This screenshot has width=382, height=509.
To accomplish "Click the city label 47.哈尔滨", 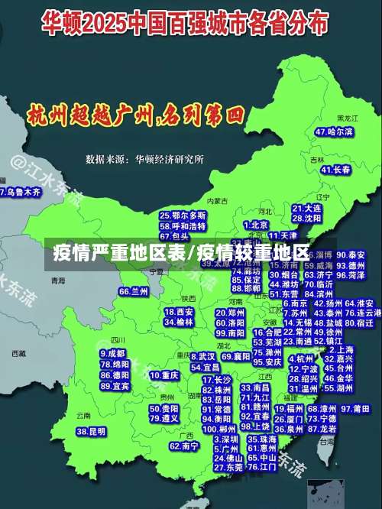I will coord(334,131).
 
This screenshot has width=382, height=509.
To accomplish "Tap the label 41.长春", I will coord(335,170).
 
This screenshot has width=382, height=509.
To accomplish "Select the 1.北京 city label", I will coord(256,225).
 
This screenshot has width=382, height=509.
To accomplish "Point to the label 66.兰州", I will coord(134,291).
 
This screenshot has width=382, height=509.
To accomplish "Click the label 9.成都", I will coord(113,353).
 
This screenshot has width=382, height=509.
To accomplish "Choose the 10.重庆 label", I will coord(164,375).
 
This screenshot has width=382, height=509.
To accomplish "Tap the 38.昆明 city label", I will coord(91,432).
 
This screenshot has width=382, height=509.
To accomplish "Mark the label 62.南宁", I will coord(184,446).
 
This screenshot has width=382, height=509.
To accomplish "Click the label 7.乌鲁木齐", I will coord(20,192).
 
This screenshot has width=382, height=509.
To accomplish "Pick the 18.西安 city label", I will coord(179,312).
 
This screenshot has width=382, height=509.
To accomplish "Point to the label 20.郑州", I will coord(231,312).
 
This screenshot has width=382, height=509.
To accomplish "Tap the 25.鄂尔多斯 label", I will coord(183,216).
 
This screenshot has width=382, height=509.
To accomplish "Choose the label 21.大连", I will coord(306,208).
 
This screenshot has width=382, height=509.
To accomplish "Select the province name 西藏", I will coord(19,353).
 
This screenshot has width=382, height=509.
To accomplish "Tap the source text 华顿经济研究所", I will coord(169,160).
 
